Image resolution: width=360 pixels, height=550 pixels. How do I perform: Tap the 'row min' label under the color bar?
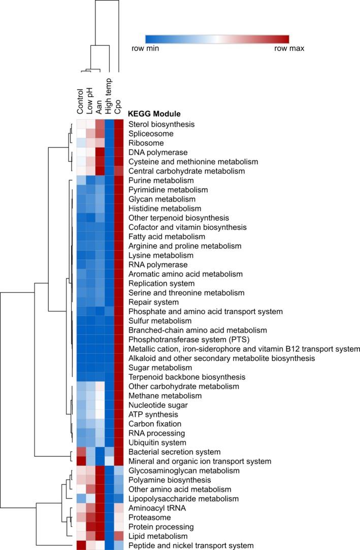pyautogui.click(x=143, y=49)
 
